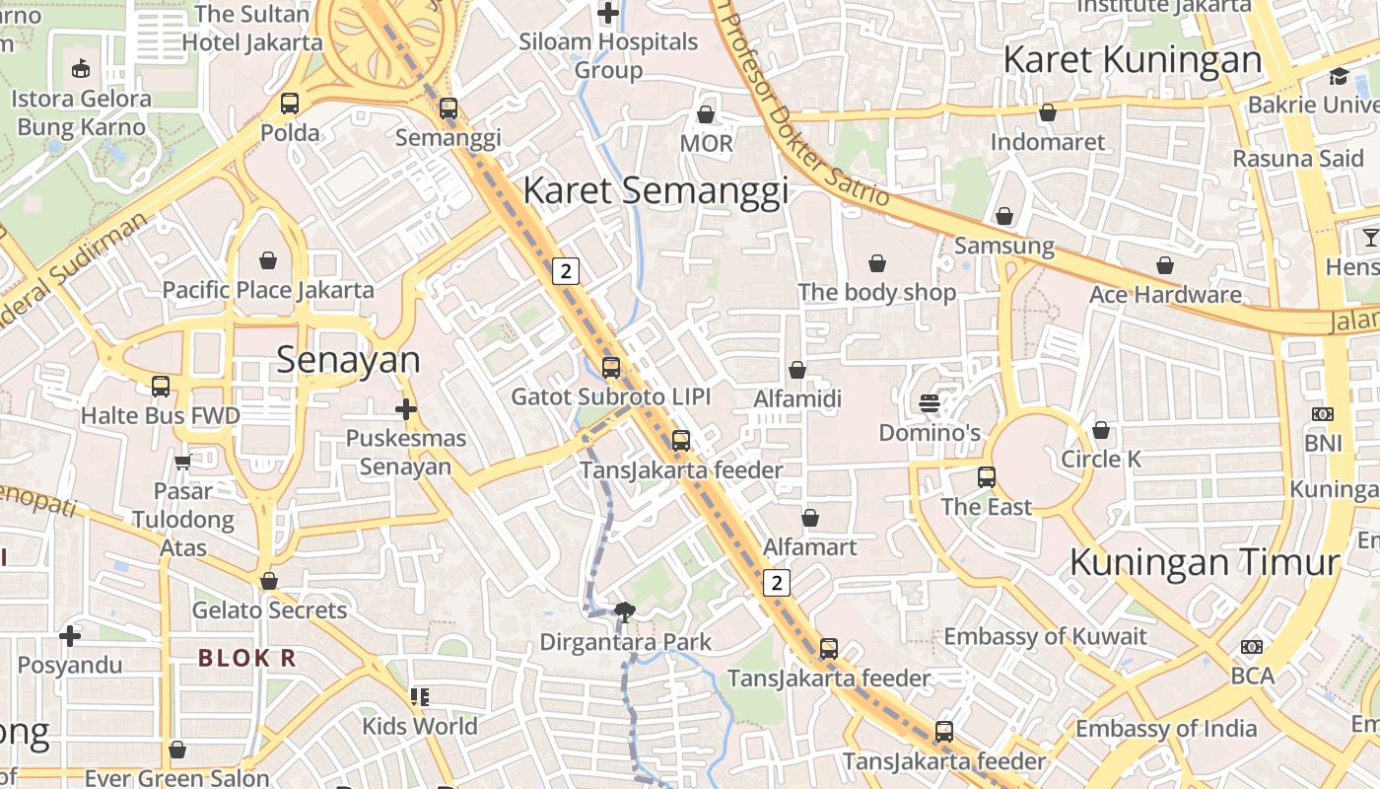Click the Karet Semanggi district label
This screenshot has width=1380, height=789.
coord(655,190)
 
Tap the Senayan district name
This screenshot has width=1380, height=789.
coord(348,360)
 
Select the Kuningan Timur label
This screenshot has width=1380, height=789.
coord(1204,562)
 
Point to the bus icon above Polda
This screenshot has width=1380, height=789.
coord(290,104)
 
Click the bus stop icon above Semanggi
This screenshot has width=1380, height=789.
coord(448,108)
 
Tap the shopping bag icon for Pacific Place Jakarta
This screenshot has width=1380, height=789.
coord(268,260)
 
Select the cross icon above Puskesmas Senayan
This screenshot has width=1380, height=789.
coord(405,408)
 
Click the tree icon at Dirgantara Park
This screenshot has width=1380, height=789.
coord(624,612)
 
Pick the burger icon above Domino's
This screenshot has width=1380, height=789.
coord(929,403)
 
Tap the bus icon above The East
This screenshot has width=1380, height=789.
coord(987,477)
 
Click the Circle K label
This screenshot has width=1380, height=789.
coord(1101,459)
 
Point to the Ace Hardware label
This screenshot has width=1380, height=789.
coord(1165,294)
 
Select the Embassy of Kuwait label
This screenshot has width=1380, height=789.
coord(1045,636)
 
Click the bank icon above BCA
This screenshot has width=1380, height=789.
coord(1252,647)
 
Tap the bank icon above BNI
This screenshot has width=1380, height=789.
coord(1323,414)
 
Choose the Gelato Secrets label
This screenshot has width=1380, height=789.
coord(269,610)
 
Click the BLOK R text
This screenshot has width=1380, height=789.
coord(246,658)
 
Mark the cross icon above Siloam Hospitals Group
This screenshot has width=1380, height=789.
coord(608,13)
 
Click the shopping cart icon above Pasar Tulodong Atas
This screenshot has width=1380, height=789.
coord(182,462)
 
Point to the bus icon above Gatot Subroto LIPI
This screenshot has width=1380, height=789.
coord(611,368)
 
